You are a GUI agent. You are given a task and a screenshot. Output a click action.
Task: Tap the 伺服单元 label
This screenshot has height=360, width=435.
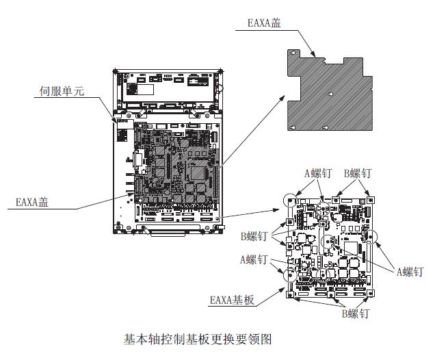point(62,90)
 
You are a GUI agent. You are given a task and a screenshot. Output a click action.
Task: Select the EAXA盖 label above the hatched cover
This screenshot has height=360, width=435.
point(263,23)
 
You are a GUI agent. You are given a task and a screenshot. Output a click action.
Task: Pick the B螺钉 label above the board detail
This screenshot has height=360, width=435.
point(358,174)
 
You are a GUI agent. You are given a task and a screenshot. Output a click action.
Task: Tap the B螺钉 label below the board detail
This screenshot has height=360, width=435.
point(355,313)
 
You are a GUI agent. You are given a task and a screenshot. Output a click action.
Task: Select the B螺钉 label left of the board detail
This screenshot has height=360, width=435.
point(254,236)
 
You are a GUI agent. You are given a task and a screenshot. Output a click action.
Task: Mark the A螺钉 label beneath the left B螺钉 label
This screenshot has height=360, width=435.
point(254,259)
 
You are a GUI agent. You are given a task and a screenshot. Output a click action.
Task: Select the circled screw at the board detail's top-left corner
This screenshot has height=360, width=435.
point(290,200)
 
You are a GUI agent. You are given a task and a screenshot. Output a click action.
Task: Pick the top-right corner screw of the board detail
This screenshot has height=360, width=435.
point(369,199)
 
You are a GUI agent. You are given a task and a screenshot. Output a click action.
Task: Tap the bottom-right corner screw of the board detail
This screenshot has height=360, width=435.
point(370,291)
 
